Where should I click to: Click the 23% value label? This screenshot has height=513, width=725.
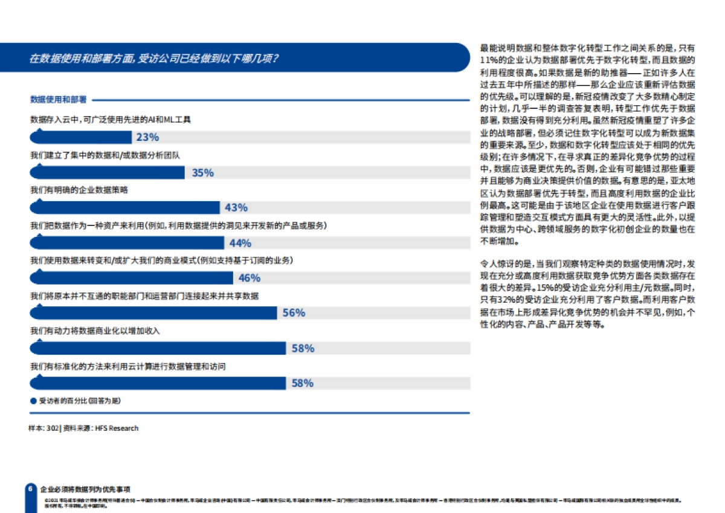tap(147, 137)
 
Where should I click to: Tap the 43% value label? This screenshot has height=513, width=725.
tap(236, 208)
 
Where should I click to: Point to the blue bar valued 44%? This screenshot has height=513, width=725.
tap(127, 243)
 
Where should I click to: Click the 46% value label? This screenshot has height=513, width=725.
tap(250, 278)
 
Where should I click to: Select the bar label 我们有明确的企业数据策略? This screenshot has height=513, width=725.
tap(79, 190)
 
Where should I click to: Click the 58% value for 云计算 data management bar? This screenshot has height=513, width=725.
tap(303, 383)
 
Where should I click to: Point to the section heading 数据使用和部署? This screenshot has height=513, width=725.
tap(58, 99)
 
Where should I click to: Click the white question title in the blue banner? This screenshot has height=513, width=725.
tap(154, 59)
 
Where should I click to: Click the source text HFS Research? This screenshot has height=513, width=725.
tap(117, 428)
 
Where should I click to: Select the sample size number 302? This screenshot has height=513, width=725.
tap(52, 428)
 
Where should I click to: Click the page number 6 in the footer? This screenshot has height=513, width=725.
tap(29, 489)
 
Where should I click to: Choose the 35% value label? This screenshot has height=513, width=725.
tap(203, 173)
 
